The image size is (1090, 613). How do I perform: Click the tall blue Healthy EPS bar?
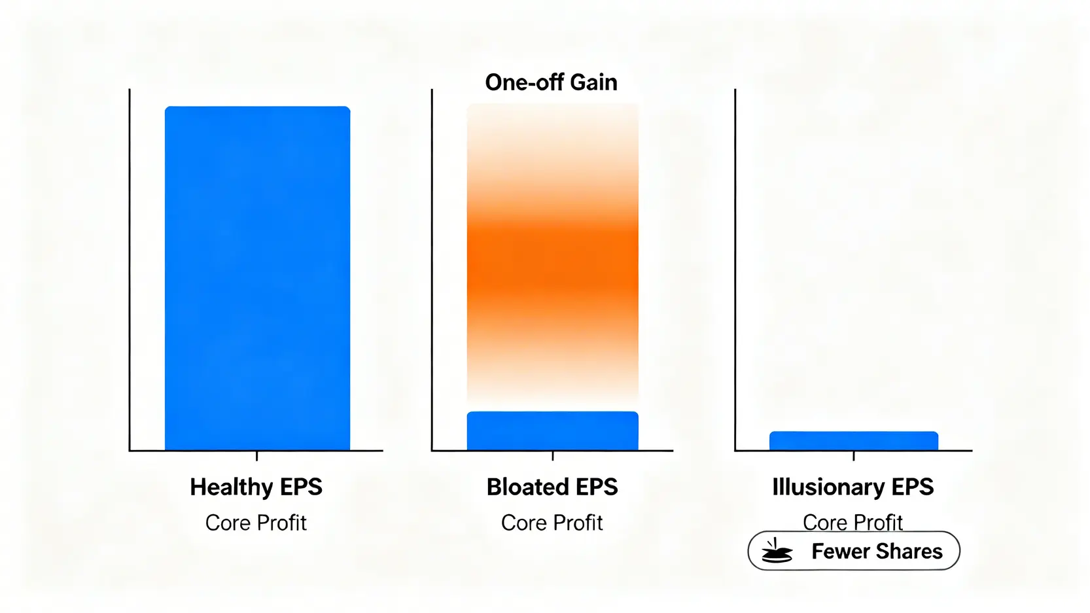point(257,278)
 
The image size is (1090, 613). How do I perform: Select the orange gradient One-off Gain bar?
point(552,253)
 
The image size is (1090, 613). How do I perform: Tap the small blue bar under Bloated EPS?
point(552,430)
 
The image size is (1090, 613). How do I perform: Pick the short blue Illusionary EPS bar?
point(854,440)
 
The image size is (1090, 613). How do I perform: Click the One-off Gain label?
point(552,82)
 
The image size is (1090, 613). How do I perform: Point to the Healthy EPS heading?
point(256,487)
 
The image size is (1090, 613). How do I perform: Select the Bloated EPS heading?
point(552,487)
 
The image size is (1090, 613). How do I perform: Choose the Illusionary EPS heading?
point(853,487)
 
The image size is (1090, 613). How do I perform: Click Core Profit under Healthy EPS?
point(256,523)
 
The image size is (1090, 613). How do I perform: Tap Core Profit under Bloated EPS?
point(552,523)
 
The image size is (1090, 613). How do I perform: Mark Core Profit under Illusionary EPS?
point(853,523)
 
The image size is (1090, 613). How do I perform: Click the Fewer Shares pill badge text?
point(877,552)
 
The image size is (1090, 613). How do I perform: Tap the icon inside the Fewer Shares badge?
point(777,551)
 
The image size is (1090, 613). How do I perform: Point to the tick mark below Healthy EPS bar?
point(257,456)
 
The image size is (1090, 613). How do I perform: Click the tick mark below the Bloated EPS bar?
point(553,456)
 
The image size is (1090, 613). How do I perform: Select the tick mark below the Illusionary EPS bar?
point(854,456)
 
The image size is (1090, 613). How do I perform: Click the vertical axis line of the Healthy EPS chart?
point(130,270)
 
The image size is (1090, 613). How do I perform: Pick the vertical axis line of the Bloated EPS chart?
point(432,270)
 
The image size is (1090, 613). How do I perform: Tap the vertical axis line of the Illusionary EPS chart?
point(735,270)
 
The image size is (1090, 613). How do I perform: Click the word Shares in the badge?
point(908,552)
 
